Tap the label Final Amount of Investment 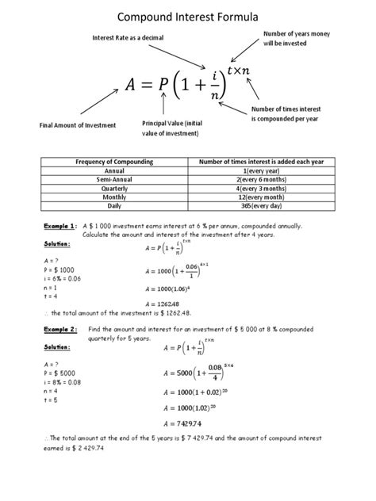click(x=78, y=125)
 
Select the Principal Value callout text click(x=172, y=128)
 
